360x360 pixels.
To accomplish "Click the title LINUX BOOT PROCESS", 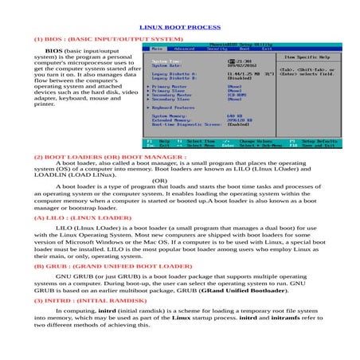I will tap(180, 26).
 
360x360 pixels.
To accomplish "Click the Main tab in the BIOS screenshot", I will tap(157, 49).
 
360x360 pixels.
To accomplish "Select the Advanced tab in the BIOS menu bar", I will tap(184, 49).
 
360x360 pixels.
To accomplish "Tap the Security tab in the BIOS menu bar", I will tap(217, 49).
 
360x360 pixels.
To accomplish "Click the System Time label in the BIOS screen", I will tap(165, 61).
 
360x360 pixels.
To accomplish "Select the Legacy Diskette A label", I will tap(173, 74).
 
